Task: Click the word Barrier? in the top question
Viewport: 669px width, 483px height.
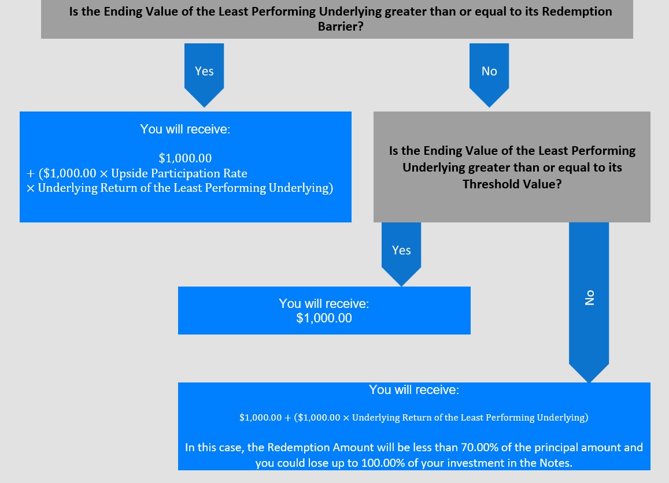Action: tap(341, 27)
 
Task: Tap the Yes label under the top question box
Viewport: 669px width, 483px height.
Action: tap(204, 71)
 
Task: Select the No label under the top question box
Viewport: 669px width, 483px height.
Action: tap(489, 71)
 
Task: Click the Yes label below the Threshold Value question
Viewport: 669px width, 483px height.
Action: tap(401, 250)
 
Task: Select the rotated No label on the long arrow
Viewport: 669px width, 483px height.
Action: tap(590, 298)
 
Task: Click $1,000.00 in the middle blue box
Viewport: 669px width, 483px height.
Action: tap(324, 318)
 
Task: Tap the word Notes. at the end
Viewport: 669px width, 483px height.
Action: tap(556, 463)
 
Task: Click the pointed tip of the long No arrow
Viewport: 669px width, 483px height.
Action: tap(589, 382)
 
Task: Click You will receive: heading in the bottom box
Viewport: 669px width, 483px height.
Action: tap(414, 389)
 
